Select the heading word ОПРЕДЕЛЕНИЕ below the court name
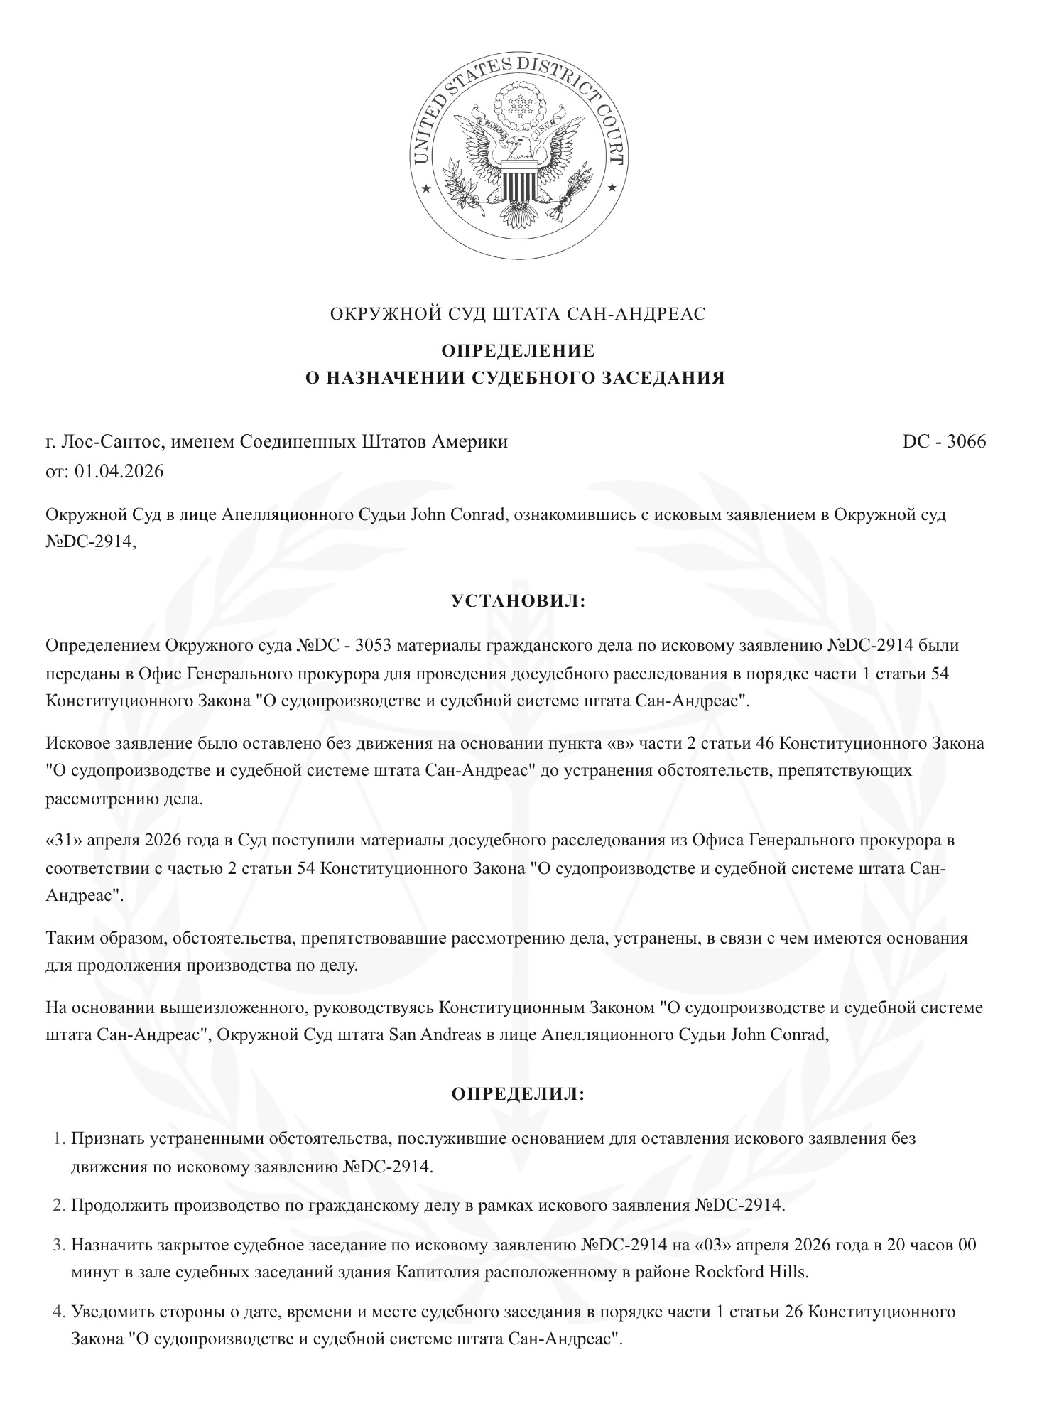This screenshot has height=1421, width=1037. pyautogui.click(x=518, y=351)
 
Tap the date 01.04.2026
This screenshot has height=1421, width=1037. pyautogui.click(x=119, y=471)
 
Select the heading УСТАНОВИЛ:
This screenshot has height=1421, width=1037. pyautogui.click(x=518, y=601)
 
